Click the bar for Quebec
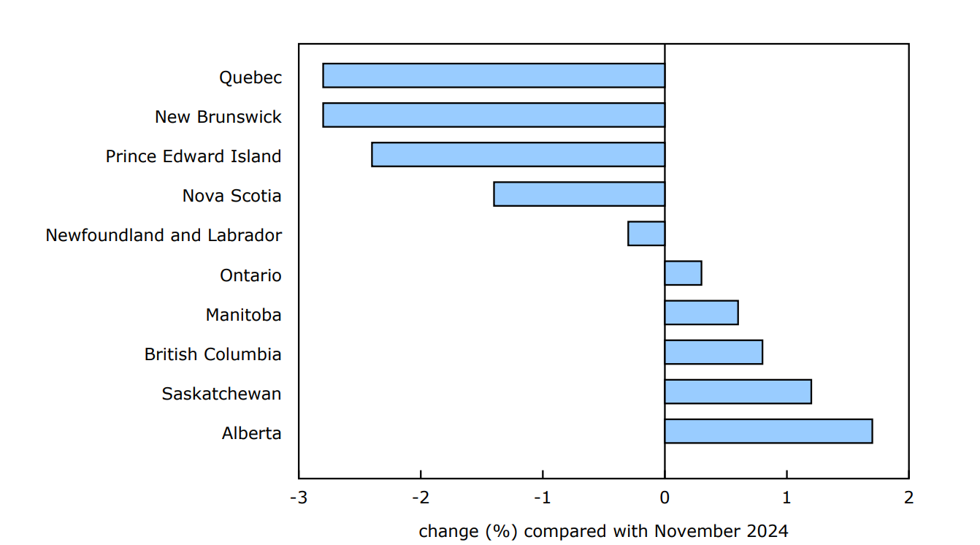click(x=494, y=76)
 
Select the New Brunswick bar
click(x=494, y=115)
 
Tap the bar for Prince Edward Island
click(x=518, y=155)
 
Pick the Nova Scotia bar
click(x=579, y=194)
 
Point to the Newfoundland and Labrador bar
click(x=646, y=234)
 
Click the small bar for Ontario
click(x=683, y=273)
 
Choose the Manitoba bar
click(x=701, y=313)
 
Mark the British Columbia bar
click(x=713, y=352)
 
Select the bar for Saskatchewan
click(x=738, y=392)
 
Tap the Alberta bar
click(x=768, y=431)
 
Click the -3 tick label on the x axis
click(x=298, y=498)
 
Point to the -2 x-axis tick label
click(x=421, y=498)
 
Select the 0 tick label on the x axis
click(x=665, y=498)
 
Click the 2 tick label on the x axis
click(x=908, y=498)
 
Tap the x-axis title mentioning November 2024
click(x=603, y=531)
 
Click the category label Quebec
click(x=250, y=77)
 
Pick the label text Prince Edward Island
click(x=194, y=156)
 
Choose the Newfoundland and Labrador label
click(x=164, y=235)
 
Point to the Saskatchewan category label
click(x=221, y=394)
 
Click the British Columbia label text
click(x=213, y=354)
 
